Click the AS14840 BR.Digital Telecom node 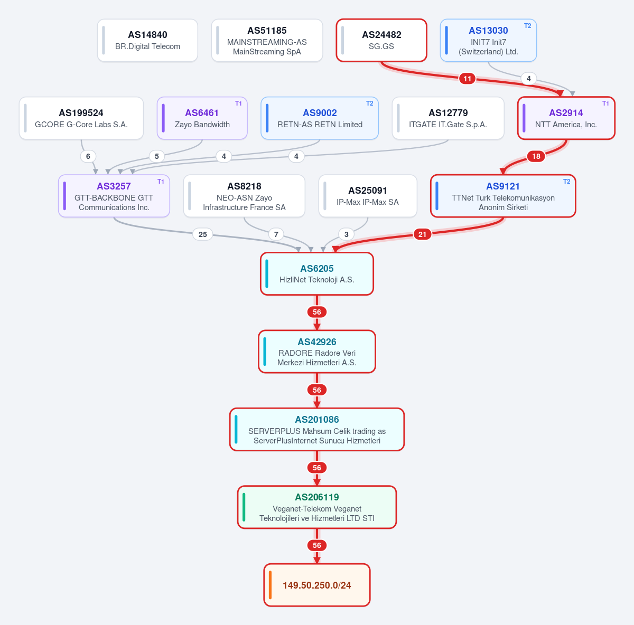click(147, 40)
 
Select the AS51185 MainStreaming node click(267, 40)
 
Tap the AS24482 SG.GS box click(381, 40)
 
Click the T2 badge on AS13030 click(527, 26)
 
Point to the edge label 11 click(467, 79)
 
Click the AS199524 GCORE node click(81, 118)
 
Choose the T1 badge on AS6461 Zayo click(238, 103)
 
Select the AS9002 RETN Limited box click(320, 118)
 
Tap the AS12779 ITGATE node click(448, 118)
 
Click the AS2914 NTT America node click(566, 118)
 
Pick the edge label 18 click(536, 156)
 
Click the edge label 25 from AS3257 click(203, 234)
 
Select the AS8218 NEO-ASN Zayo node click(244, 196)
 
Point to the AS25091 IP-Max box click(368, 196)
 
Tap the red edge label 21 click(422, 234)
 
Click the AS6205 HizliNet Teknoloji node click(317, 274)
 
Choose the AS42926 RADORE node click(317, 352)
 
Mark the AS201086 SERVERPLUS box click(317, 429)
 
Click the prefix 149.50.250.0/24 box click(317, 585)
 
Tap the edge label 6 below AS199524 click(88, 156)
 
